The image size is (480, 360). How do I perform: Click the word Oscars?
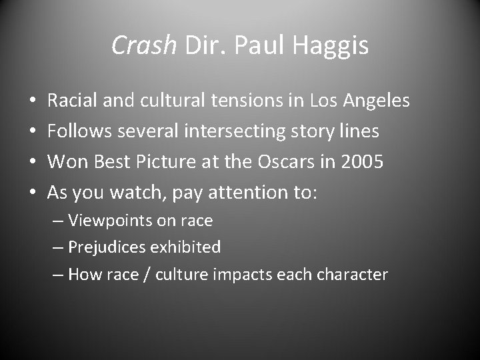point(291,162)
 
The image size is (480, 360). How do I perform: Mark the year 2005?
point(362,162)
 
